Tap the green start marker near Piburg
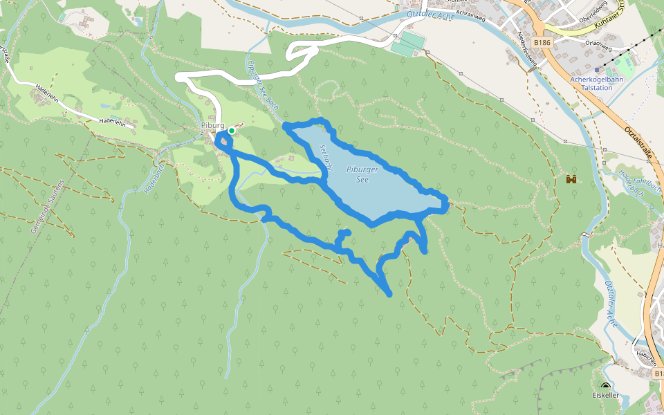click(x=232, y=131)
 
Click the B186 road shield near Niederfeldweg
click(x=542, y=43)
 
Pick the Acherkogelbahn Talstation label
click(x=597, y=83)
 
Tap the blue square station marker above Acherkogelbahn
click(x=597, y=69)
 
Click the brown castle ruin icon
click(x=571, y=180)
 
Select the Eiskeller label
click(x=605, y=395)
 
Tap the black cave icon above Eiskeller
click(x=606, y=386)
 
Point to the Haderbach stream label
click(x=154, y=178)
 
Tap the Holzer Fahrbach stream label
click(x=631, y=181)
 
